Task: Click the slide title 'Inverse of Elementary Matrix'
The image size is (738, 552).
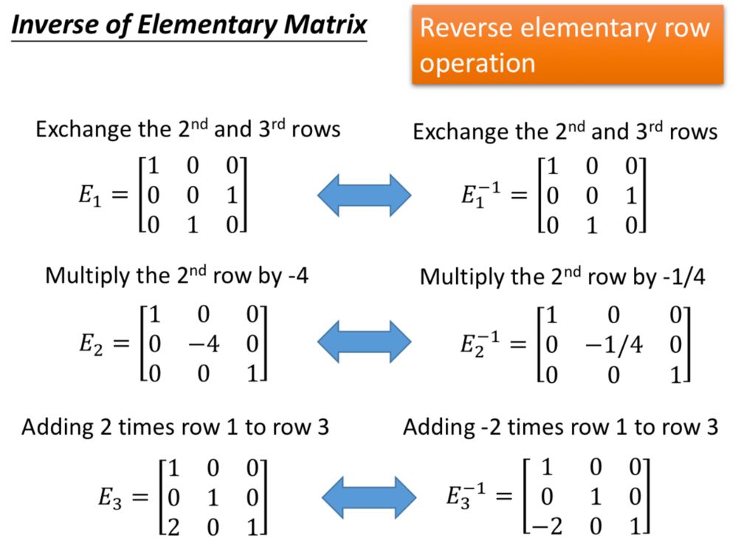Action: [x=189, y=24]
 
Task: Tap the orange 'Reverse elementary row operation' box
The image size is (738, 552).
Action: [x=567, y=45]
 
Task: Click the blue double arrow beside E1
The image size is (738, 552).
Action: [x=364, y=195]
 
